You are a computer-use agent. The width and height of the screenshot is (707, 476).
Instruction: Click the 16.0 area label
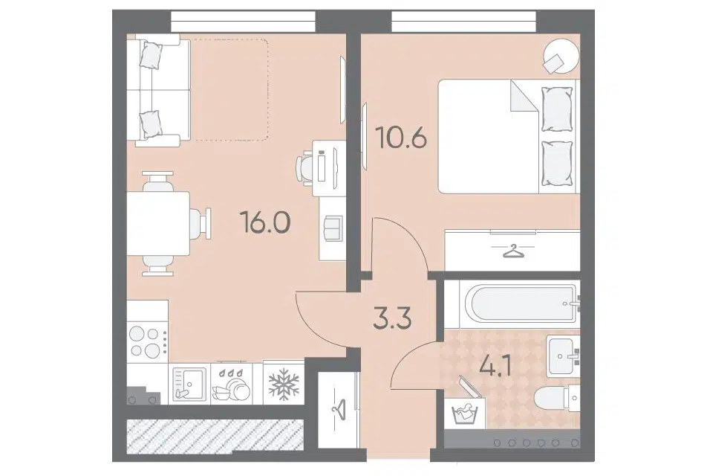[265, 222]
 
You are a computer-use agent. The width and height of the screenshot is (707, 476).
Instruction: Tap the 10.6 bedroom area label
[401, 138]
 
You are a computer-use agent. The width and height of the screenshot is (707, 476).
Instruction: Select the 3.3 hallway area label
[392, 318]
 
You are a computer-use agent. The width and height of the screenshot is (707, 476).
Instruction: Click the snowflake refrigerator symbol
[284, 384]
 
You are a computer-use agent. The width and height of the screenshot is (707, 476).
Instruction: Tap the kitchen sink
[189, 385]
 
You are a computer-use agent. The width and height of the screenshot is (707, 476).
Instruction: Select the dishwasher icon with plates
[231, 385]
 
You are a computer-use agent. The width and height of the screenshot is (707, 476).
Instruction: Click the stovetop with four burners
[148, 341]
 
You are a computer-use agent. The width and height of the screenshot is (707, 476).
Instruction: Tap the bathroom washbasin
[563, 356]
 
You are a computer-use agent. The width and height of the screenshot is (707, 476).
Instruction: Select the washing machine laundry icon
[464, 411]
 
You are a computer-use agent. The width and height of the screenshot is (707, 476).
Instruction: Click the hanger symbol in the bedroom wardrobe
[512, 251]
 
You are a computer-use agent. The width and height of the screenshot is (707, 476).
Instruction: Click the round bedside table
[561, 55]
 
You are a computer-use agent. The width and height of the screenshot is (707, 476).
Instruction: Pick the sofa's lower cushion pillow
[150, 124]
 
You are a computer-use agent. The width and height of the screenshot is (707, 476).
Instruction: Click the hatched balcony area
[214, 436]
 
